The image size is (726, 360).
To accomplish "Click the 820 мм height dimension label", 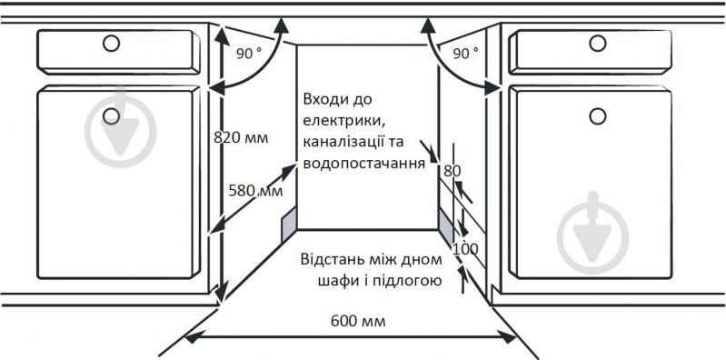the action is click(x=241, y=137).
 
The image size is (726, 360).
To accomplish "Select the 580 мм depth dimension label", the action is click(x=255, y=190).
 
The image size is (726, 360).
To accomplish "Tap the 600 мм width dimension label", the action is click(x=358, y=321).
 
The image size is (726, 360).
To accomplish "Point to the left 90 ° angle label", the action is click(x=249, y=54).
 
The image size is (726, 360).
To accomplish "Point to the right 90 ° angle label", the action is click(x=465, y=54).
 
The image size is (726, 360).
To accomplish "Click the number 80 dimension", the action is click(x=452, y=171).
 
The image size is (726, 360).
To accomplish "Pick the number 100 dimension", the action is click(x=464, y=249).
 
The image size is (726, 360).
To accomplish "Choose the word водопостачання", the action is click(x=364, y=164).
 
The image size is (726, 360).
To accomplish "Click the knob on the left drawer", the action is click(x=111, y=44).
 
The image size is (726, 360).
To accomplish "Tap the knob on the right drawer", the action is click(x=597, y=44).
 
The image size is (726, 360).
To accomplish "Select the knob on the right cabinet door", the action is click(x=597, y=115).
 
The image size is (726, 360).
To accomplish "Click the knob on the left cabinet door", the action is click(x=111, y=115).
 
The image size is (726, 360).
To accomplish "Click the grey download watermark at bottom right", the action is click(x=592, y=234).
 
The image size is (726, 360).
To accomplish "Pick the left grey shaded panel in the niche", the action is click(x=289, y=224).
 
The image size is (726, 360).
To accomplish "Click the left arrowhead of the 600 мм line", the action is click(x=193, y=338).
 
